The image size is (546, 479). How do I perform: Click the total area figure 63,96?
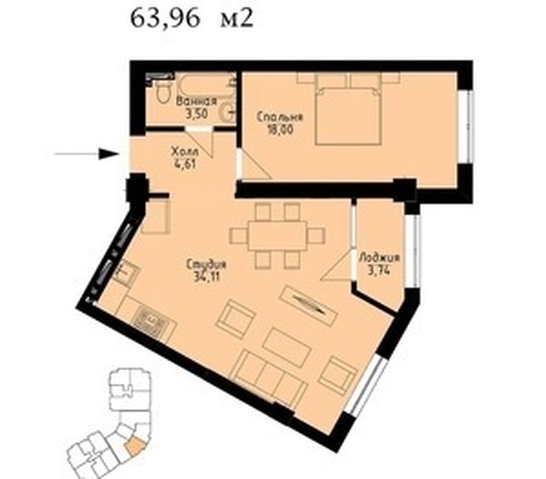(165, 20)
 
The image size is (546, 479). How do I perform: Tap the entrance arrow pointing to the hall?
(87, 154)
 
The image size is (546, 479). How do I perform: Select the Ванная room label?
(196, 102)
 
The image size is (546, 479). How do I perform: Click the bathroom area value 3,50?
(197, 114)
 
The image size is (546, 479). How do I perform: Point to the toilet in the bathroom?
(163, 92)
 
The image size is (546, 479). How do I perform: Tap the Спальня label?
(280, 117)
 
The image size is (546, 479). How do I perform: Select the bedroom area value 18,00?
(280, 130)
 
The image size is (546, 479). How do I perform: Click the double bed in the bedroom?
(348, 115)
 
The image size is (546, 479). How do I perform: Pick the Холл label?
(185, 152)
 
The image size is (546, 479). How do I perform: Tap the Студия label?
(206, 265)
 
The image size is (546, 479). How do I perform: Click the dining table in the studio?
(277, 236)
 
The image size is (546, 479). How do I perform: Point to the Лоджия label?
(379, 258)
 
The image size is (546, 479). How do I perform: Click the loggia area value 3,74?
(379, 270)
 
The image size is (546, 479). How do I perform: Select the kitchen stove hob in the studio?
(155, 324)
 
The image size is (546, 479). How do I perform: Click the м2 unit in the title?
(236, 20)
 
